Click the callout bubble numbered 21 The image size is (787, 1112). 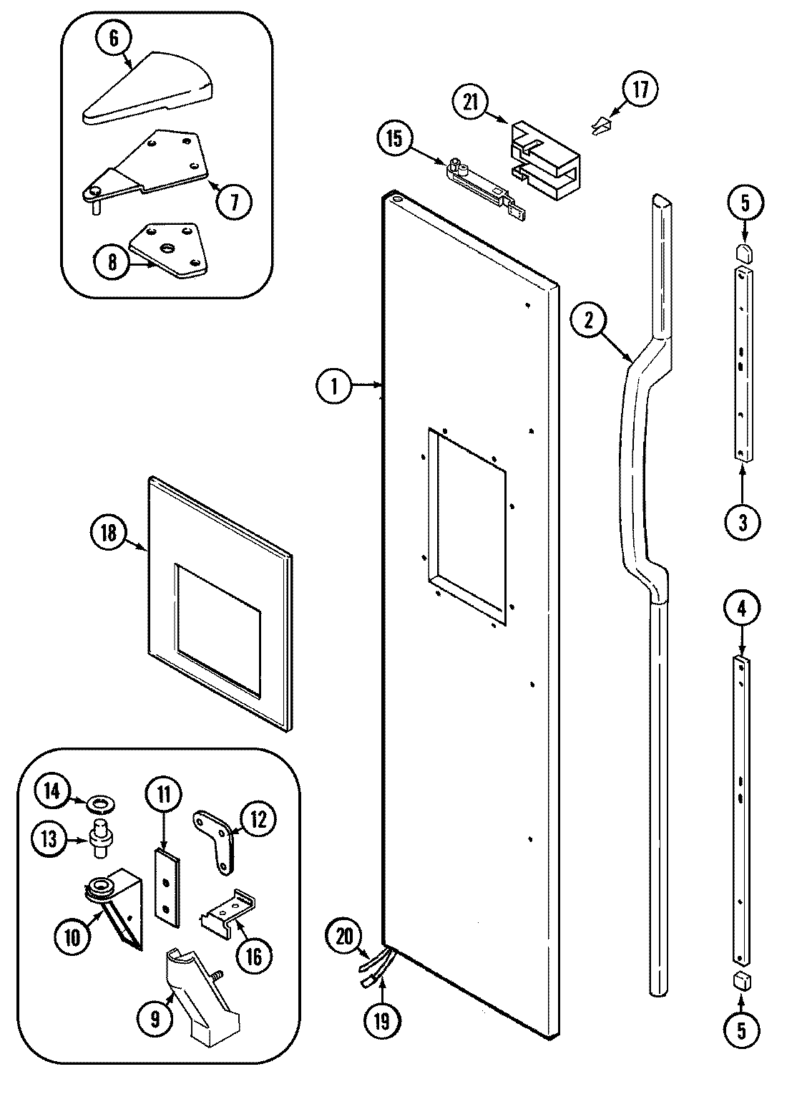click(470, 101)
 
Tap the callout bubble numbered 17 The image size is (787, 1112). click(639, 90)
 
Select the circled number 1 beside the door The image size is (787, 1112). click(333, 387)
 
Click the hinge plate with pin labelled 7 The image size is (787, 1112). click(150, 166)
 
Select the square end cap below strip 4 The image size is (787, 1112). click(741, 981)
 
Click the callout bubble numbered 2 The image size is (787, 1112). click(588, 321)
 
